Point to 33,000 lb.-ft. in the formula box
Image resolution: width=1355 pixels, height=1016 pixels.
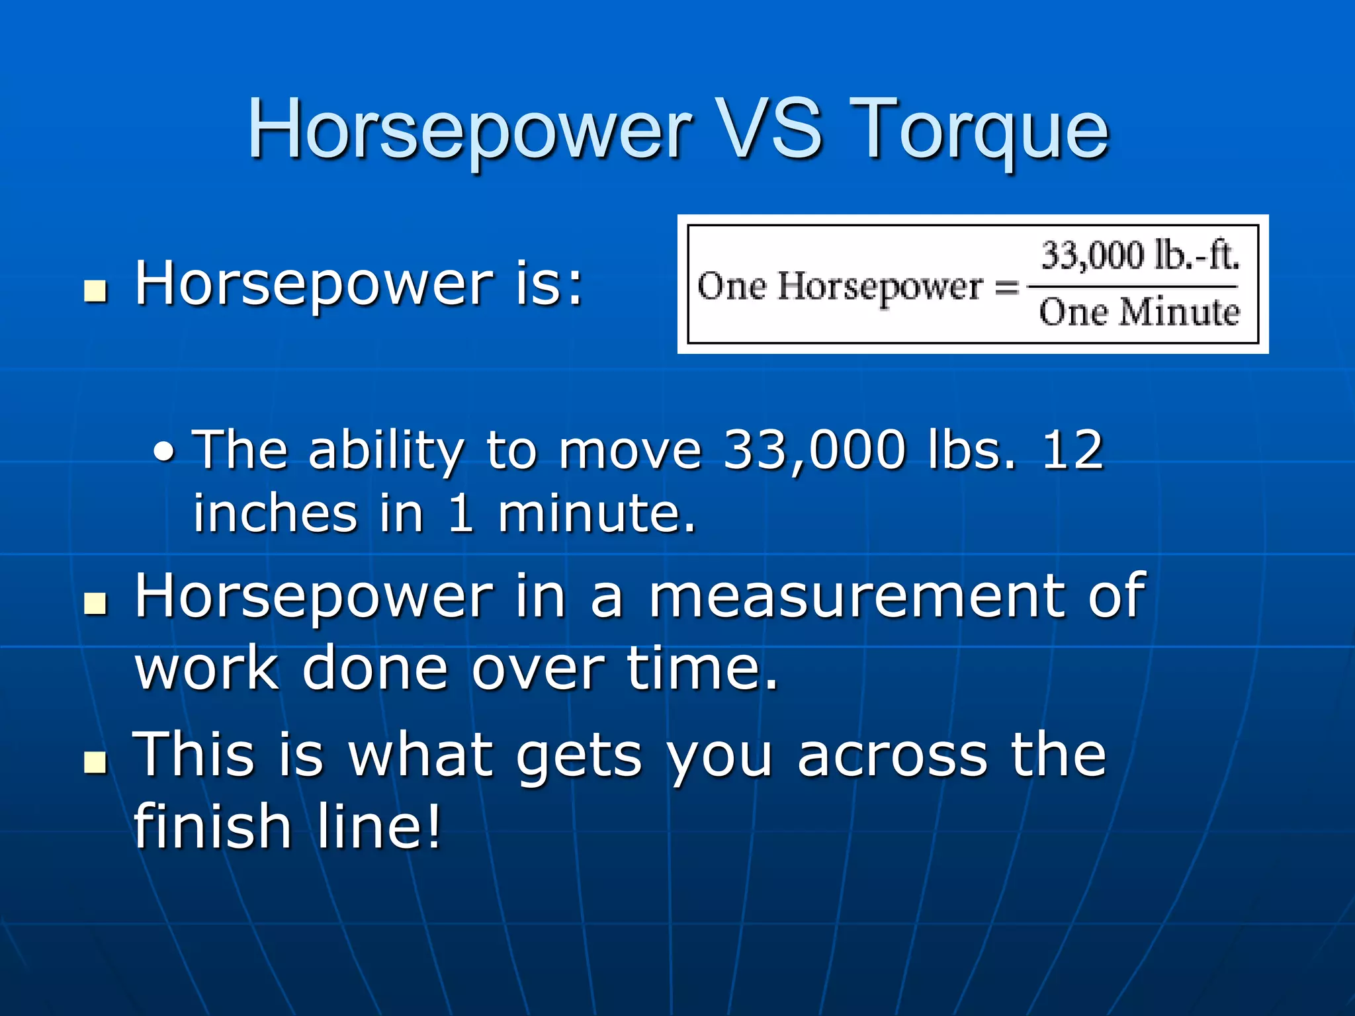tap(1140, 255)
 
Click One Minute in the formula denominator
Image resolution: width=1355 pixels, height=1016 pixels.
tap(1139, 312)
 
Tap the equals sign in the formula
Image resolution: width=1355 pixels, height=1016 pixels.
tap(1006, 287)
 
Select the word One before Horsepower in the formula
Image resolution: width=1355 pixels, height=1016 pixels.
tap(732, 287)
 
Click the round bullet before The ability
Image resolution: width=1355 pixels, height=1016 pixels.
tap(164, 452)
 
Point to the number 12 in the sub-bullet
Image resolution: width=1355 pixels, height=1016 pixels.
tap(1072, 450)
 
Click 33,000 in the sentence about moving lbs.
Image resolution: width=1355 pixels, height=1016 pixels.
tap(814, 450)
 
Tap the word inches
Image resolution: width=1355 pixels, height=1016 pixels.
tap(275, 513)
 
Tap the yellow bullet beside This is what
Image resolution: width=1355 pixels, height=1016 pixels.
tap(96, 761)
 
